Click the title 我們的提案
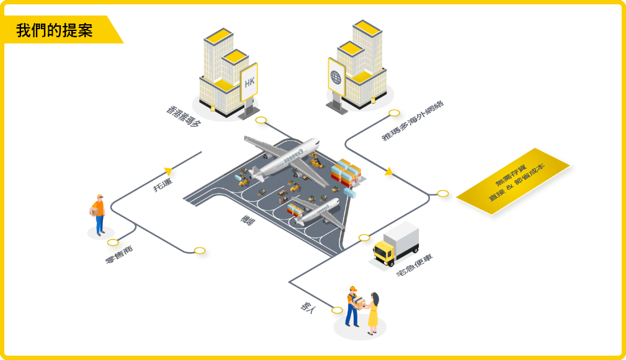tap(55, 30)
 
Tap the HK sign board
tap(249, 82)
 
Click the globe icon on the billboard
tap(336, 77)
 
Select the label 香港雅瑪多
tap(184, 115)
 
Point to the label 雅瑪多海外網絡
tap(413, 121)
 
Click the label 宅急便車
tap(414, 265)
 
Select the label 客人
tap(308, 308)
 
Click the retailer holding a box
tap(98, 214)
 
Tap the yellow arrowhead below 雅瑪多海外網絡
tap(388, 171)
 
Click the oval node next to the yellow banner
tap(442, 194)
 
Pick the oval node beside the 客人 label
tap(337, 310)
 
